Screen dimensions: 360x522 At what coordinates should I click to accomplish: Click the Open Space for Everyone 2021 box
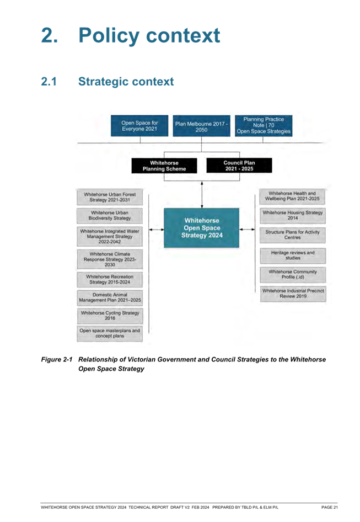pyautogui.click(x=139, y=126)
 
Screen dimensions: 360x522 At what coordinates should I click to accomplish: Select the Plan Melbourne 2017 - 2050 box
pyautogui.click(x=201, y=126)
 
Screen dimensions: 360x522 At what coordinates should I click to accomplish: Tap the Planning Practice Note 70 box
pyautogui.click(x=264, y=125)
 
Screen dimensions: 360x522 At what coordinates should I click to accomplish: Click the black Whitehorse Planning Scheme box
pyautogui.click(x=164, y=166)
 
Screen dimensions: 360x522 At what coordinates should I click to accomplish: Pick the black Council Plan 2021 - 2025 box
pyautogui.click(x=239, y=166)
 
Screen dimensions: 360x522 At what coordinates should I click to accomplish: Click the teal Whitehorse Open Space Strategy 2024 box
pyautogui.click(x=202, y=228)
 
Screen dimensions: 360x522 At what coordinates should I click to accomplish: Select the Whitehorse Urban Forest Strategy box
pyautogui.click(x=110, y=197)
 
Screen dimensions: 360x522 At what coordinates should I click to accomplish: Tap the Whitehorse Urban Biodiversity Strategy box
pyautogui.click(x=110, y=215)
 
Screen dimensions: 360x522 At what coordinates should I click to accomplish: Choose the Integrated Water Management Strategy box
pyautogui.click(x=110, y=236)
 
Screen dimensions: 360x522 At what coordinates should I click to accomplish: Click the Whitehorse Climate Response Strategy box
pyautogui.click(x=110, y=259)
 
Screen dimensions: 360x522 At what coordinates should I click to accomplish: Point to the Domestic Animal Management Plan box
pyautogui.click(x=110, y=297)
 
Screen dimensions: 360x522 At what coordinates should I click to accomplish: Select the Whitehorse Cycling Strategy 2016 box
pyautogui.click(x=110, y=316)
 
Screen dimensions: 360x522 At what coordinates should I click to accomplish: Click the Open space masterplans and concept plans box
pyautogui.click(x=110, y=334)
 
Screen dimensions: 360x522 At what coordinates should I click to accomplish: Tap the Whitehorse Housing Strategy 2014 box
pyautogui.click(x=293, y=215)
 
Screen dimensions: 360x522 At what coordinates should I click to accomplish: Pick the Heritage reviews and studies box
pyautogui.click(x=293, y=255)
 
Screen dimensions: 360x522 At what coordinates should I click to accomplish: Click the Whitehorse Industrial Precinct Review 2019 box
pyautogui.click(x=293, y=294)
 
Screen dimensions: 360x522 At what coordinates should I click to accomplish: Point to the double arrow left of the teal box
pyautogui.click(x=157, y=230)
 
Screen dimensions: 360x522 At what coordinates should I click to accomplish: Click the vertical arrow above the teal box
pyautogui.click(x=202, y=195)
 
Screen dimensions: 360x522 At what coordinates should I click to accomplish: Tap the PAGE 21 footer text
pyautogui.click(x=329, y=507)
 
